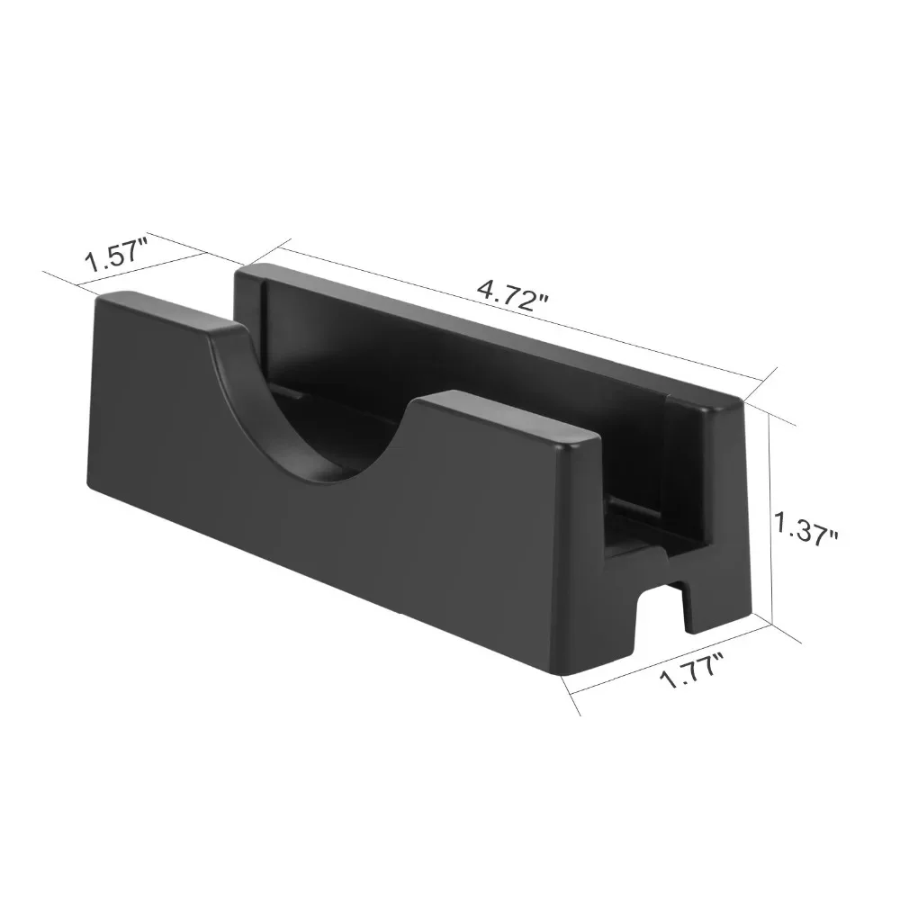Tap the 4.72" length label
509,295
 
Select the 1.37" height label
805,528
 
